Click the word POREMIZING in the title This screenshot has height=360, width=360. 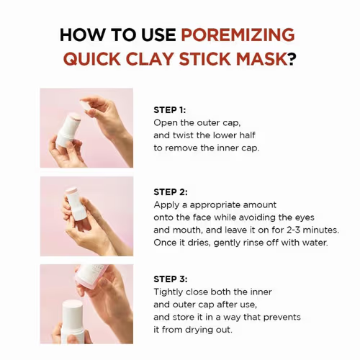(x=238, y=35)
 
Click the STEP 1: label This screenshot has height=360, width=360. (x=171, y=110)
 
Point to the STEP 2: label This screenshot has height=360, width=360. (x=171, y=192)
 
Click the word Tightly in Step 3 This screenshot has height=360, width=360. (x=170, y=292)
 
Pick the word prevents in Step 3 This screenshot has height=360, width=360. (x=278, y=317)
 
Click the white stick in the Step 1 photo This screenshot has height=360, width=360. (x=71, y=129)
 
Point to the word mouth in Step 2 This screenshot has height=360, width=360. (x=183, y=230)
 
